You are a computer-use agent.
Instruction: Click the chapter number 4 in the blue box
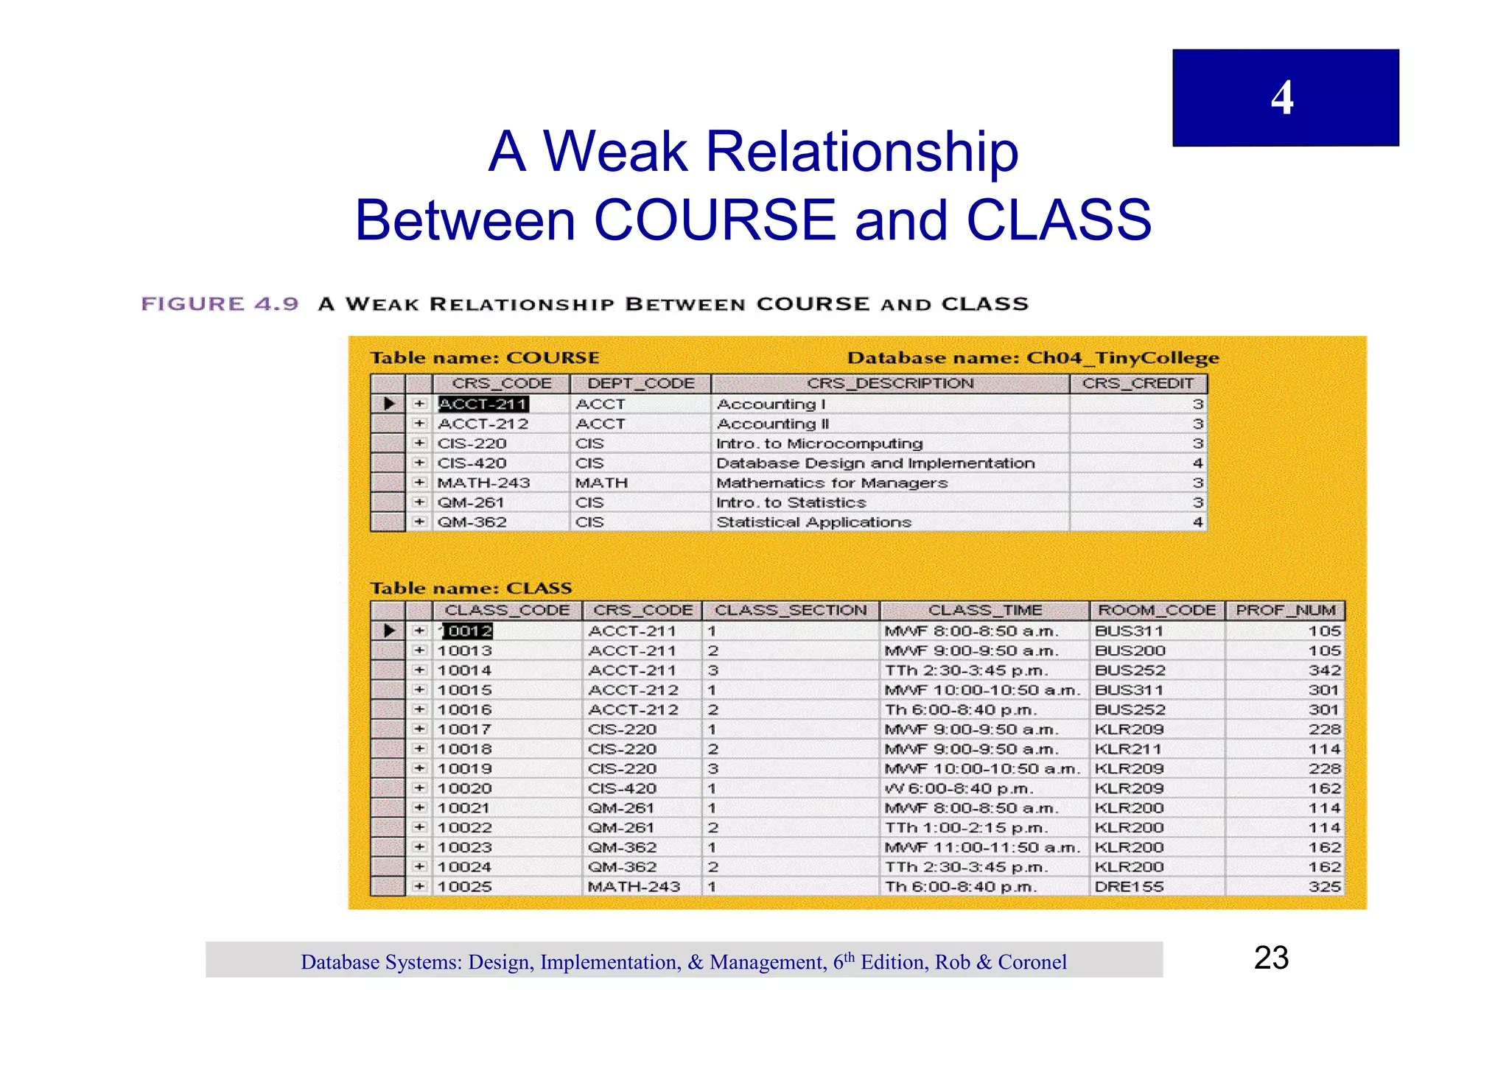point(1282,98)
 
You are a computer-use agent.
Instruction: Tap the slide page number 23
point(1271,958)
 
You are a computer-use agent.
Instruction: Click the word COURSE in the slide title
point(714,220)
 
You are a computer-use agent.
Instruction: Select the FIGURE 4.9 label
point(220,304)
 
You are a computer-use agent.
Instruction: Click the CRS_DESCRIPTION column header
point(890,384)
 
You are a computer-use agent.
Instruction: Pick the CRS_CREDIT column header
point(1138,384)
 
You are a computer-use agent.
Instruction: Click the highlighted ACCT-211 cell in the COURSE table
point(483,404)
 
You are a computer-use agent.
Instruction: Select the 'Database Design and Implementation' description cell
point(875,463)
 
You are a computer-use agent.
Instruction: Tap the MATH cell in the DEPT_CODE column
point(601,483)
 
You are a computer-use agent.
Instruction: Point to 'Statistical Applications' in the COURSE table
point(813,522)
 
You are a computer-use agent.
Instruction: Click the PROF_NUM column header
point(1285,611)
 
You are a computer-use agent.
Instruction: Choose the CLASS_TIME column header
point(984,611)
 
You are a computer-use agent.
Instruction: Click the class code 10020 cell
point(464,788)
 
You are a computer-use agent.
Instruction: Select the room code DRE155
point(1129,887)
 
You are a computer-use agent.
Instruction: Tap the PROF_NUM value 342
point(1324,670)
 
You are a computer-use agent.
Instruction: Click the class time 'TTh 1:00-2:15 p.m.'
point(966,828)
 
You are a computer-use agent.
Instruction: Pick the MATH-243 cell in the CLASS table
point(634,887)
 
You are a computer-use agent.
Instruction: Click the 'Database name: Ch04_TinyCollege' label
point(1033,358)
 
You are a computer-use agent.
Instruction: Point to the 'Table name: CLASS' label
point(471,588)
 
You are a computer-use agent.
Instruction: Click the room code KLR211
point(1128,749)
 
